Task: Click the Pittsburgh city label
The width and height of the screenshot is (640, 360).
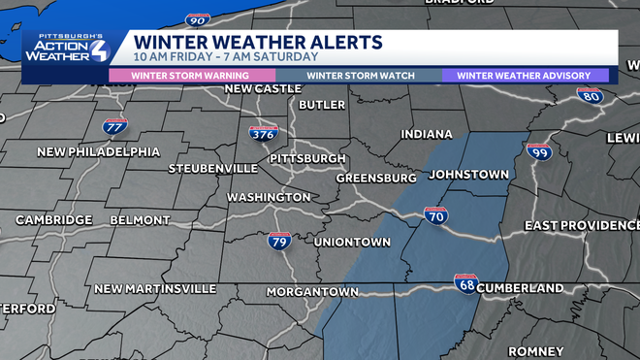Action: (x=307, y=158)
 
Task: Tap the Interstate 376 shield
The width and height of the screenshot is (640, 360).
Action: (x=262, y=135)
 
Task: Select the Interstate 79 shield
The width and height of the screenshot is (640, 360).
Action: (x=279, y=241)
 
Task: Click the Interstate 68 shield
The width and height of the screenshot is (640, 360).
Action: (x=466, y=283)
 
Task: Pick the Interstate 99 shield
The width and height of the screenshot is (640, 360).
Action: (x=539, y=153)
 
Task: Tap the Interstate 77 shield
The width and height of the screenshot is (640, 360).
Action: (x=114, y=127)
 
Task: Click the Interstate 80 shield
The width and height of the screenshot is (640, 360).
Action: (x=589, y=96)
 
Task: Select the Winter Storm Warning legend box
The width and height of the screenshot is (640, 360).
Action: (x=191, y=75)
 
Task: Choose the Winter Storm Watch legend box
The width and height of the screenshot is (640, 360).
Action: (x=361, y=75)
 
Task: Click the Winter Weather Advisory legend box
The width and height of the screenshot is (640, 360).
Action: (x=526, y=75)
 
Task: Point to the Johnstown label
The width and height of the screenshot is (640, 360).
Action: (x=468, y=175)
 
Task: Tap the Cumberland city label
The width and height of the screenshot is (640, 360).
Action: (x=522, y=288)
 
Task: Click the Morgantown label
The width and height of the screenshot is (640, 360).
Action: (x=269, y=292)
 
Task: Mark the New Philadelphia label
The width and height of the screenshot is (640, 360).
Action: (x=99, y=152)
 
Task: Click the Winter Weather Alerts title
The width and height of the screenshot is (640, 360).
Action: (x=258, y=43)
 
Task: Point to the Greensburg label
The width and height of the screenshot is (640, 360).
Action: (x=375, y=179)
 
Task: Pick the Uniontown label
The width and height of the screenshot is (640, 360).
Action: (x=353, y=242)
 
